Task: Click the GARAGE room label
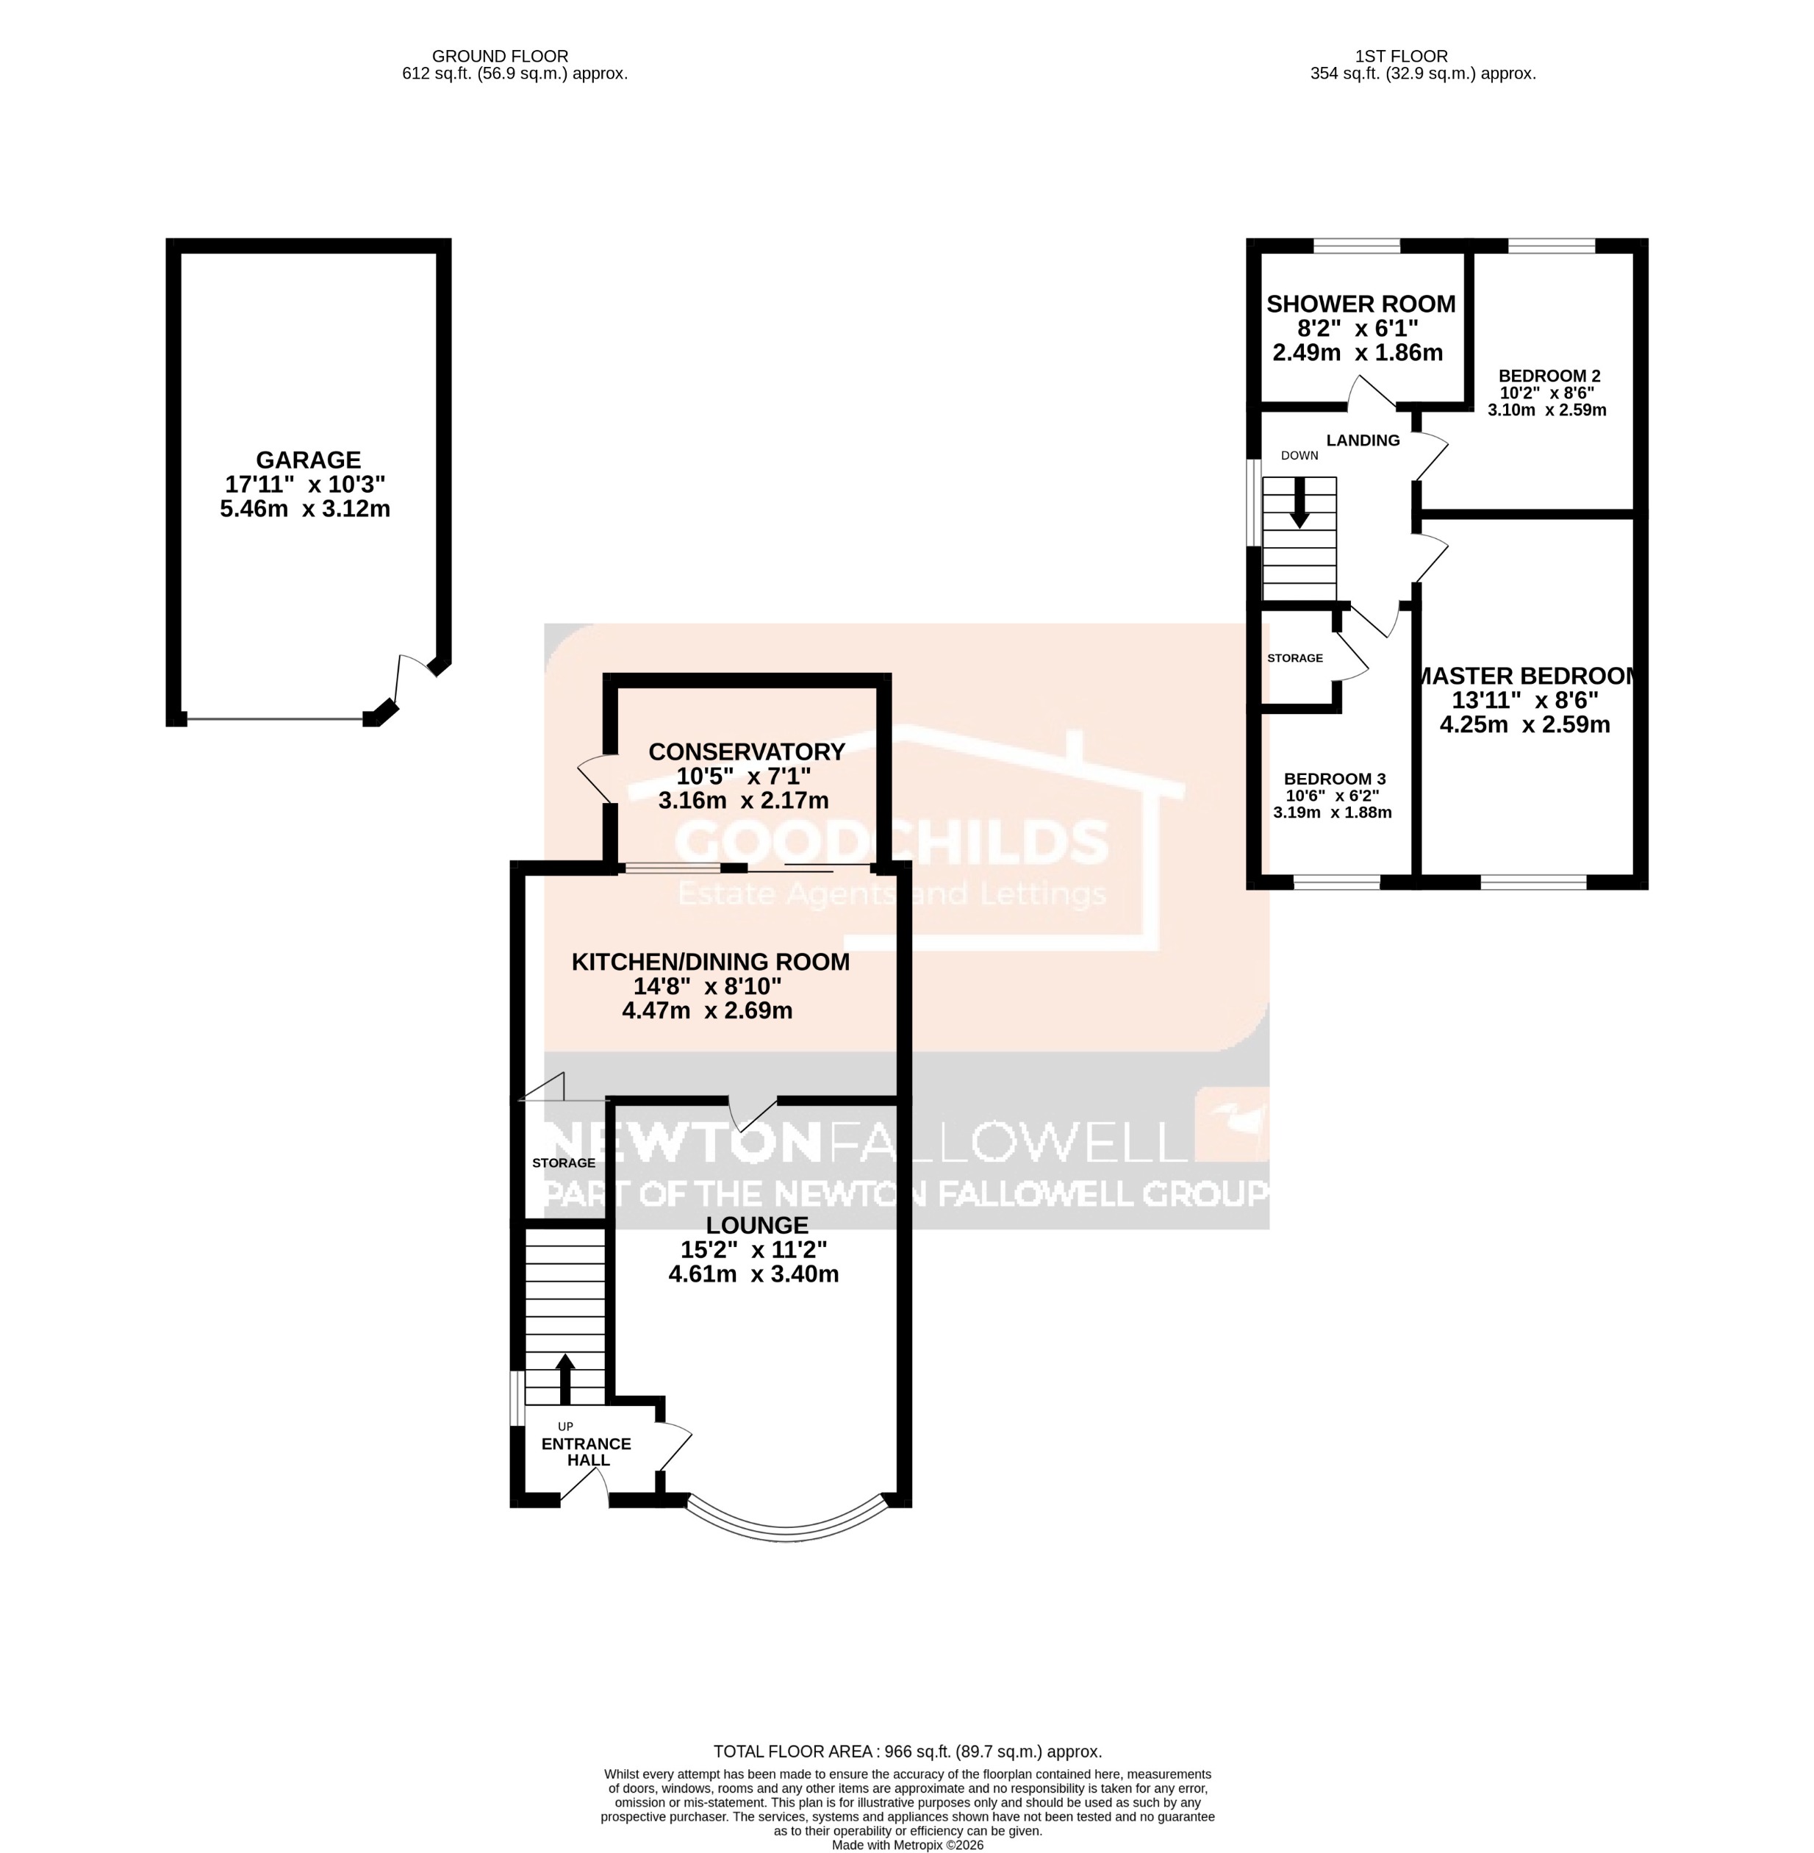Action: (308, 460)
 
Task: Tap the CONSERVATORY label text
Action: (746, 752)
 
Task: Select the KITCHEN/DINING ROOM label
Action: (710, 962)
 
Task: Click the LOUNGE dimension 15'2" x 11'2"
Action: (753, 1249)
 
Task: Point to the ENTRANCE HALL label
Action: (587, 1452)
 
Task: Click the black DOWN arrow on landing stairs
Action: (1299, 504)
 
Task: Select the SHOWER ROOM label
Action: (1360, 304)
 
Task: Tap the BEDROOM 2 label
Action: (1548, 376)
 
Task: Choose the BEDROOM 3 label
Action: (1332, 778)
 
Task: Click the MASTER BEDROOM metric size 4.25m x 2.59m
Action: (1524, 724)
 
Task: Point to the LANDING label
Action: (1363, 440)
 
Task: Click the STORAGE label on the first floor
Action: (1295, 657)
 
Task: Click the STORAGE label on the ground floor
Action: (563, 1163)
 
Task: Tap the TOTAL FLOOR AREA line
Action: (907, 1751)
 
